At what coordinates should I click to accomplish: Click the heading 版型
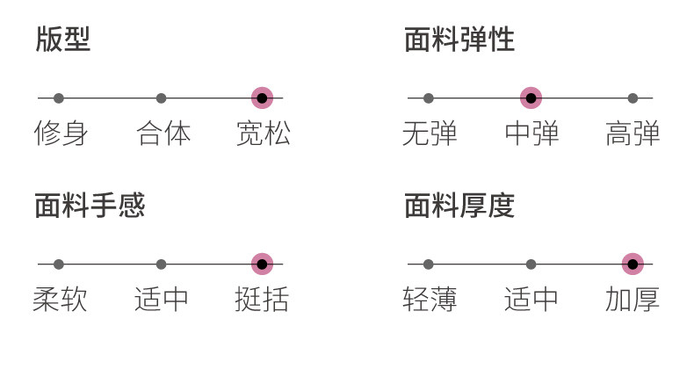(x=63, y=40)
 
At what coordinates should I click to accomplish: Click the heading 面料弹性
(x=459, y=40)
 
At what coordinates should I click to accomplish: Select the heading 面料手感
(x=90, y=206)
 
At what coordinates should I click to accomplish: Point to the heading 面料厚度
(x=459, y=206)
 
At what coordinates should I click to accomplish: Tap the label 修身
(x=61, y=133)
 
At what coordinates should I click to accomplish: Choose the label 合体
(x=163, y=133)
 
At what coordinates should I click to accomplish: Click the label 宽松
(x=264, y=133)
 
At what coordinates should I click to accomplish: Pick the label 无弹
(x=430, y=133)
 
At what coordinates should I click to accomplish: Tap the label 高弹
(x=633, y=133)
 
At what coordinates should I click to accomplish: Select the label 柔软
(x=60, y=299)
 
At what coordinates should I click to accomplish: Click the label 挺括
(x=262, y=299)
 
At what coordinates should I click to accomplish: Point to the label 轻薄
(x=430, y=299)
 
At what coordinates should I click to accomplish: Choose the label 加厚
(x=632, y=299)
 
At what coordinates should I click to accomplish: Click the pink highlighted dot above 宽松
(x=262, y=98)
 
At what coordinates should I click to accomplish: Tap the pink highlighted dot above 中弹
(x=531, y=98)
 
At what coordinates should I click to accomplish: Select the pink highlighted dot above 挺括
(x=262, y=264)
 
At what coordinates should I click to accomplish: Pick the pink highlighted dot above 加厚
(x=633, y=264)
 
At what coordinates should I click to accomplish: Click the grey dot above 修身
(x=59, y=98)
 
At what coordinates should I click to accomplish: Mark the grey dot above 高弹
(x=633, y=98)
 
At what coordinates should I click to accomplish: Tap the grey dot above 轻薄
(x=428, y=264)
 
